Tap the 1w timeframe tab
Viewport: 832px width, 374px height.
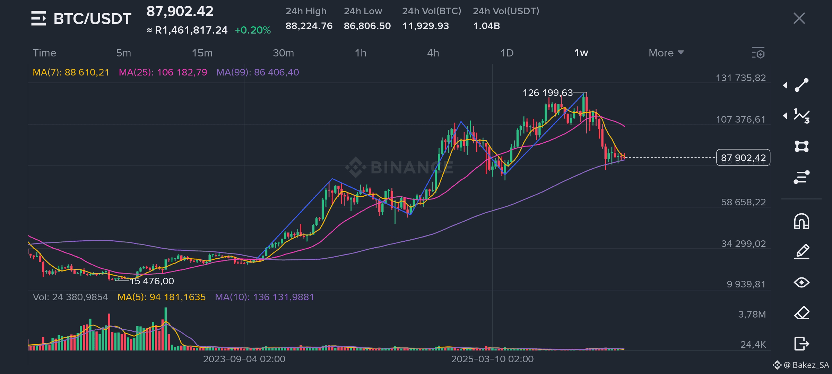pyautogui.click(x=581, y=53)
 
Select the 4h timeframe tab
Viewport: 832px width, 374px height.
pyautogui.click(x=433, y=53)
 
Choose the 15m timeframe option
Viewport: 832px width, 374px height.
pyautogui.click(x=202, y=53)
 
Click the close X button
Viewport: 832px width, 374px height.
pyautogui.click(x=799, y=18)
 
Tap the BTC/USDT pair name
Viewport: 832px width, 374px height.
pyautogui.click(x=93, y=18)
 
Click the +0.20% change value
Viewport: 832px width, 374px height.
pyautogui.click(x=253, y=30)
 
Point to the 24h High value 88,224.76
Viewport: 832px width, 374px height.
pyautogui.click(x=309, y=26)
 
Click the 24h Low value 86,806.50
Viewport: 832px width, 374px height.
pyautogui.click(x=367, y=26)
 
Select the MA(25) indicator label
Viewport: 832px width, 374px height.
pyautogui.click(x=163, y=72)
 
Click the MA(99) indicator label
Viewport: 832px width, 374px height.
pyautogui.click(x=258, y=72)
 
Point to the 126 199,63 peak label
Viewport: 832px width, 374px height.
pyautogui.click(x=548, y=93)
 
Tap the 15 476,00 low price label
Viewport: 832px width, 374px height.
pyautogui.click(x=152, y=281)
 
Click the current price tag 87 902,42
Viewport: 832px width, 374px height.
pyautogui.click(x=743, y=158)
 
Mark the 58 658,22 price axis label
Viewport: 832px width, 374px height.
pyautogui.click(x=743, y=202)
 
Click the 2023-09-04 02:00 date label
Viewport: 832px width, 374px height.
pyautogui.click(x=244, y=359)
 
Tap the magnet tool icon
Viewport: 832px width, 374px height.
pyautogui.click(x=801, y=221)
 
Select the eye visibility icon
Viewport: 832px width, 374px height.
pyautogui.click(x=801, y=283)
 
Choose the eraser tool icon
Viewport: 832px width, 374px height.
pyautogui.click(x=801, y=313)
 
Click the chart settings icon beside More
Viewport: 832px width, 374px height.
pyautogui.click(x=758, y=53)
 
